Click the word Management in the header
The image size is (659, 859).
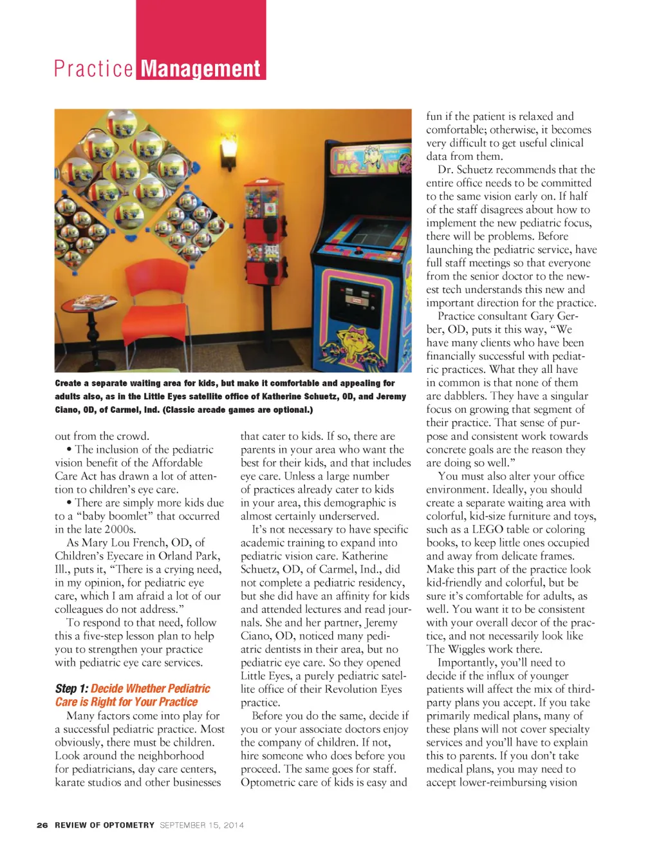point(200,68)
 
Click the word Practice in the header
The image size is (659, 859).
point(93,68)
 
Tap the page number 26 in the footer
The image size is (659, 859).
point(42,825)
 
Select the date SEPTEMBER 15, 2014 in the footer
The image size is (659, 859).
point(201,825)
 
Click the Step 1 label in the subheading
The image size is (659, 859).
point(71,689)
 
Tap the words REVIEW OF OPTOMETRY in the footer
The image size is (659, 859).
point(104,825)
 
